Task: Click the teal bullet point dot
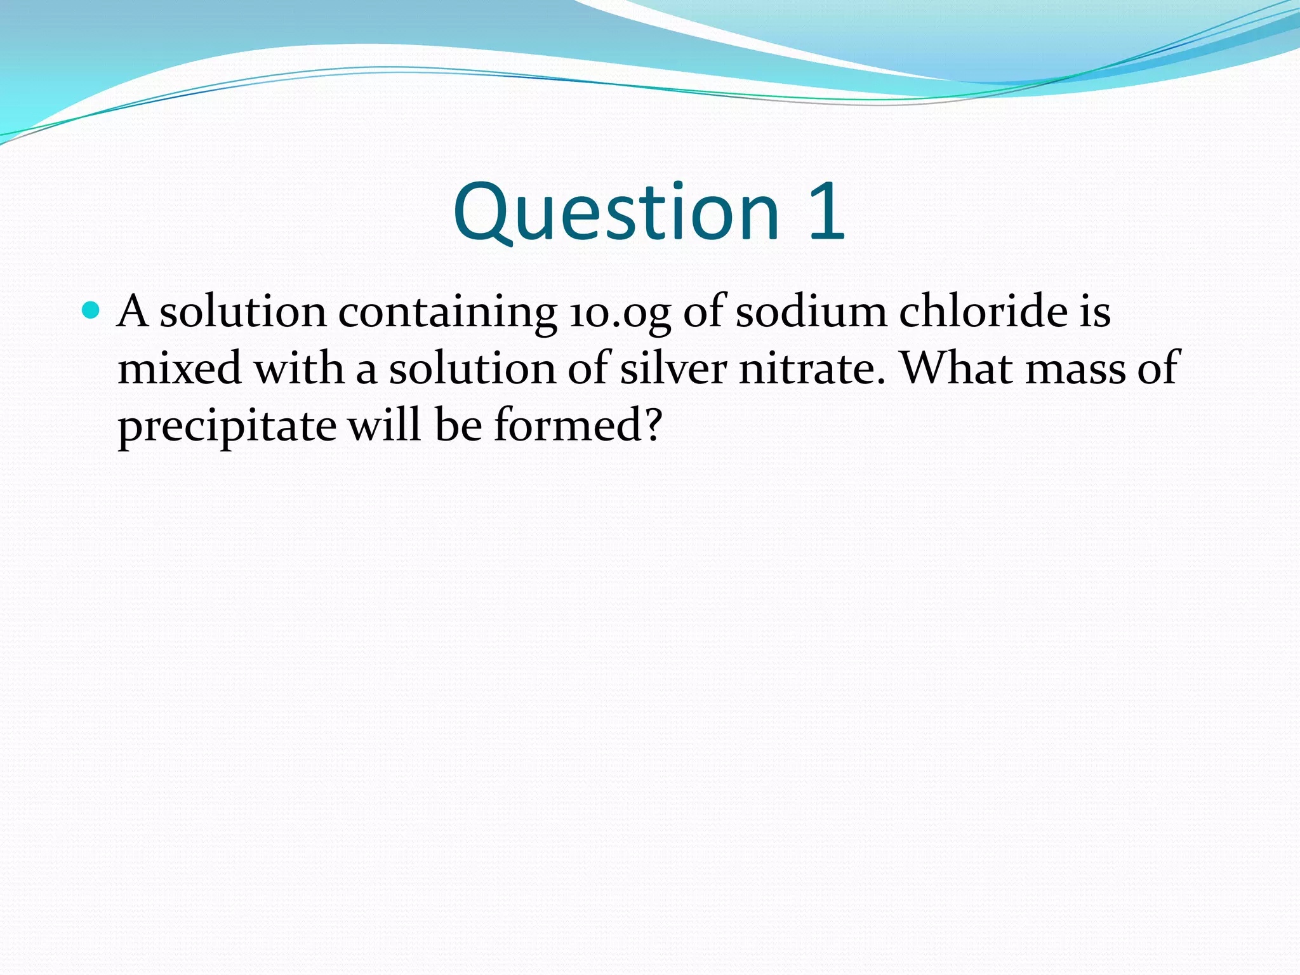(91, 310)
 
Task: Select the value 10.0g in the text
(620, 313)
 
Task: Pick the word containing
(448, 313)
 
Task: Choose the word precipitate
(227, 427)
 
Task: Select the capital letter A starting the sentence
(133, 312)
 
